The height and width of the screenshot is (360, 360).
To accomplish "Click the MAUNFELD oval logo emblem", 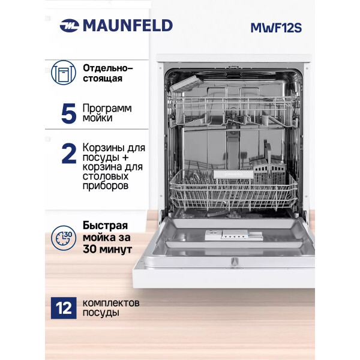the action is click(70, 25).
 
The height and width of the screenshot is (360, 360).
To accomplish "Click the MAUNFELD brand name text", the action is click(128, 25).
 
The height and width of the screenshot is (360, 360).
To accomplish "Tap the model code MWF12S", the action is click(276, 28).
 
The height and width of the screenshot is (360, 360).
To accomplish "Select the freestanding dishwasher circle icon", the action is click(64, 73).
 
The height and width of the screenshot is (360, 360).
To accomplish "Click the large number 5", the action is click(69, 113).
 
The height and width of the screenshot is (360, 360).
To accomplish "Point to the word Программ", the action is click(107, 108).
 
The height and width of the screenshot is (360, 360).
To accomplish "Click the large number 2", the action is click(69, 154).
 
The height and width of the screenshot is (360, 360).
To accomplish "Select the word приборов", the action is click(106, 186).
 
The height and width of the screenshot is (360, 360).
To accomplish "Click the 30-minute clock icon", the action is click(64, 238).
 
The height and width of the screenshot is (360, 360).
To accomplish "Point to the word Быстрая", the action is click(105, 226).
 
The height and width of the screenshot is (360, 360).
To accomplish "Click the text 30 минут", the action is click(107, 250).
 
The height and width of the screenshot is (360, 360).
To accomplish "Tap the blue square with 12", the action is click(64, 308).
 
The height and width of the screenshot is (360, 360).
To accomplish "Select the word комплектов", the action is click(111, 303).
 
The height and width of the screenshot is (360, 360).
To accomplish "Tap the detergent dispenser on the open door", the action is click(234, 235).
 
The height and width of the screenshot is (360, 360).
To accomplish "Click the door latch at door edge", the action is click(234, 262).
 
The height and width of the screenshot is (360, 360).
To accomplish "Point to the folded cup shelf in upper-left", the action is click(187, 83).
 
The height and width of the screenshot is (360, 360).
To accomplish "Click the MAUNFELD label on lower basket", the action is click(233, 174).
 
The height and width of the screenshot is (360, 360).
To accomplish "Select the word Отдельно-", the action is click(108, 68).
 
